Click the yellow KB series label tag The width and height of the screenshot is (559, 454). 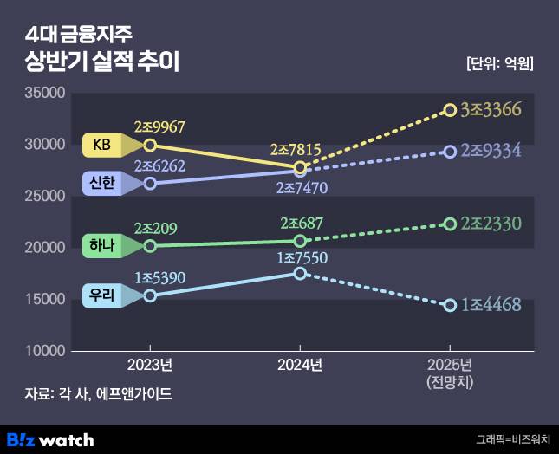click(102, 146)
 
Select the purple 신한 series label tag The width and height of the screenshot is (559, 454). click(102, 183)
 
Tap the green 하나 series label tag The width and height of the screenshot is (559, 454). click(102, 245)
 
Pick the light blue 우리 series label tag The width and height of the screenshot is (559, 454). click(102, 295)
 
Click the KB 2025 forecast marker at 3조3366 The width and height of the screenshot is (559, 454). click(450, 110)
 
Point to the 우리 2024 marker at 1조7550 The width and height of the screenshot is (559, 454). click(300, 273)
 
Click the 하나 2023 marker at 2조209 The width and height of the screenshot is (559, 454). click(150, 245)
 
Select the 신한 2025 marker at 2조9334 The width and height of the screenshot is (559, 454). click(450, 152)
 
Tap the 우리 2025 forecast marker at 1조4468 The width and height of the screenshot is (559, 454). click(450, 305)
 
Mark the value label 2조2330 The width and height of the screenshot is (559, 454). click(491, 224)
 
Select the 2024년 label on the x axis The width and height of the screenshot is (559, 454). click(300, 365)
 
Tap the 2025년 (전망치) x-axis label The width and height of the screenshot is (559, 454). click(450, 373)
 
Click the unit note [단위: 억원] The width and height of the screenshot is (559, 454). click(499, 63)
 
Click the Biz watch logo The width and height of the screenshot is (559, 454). click(50, 439)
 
